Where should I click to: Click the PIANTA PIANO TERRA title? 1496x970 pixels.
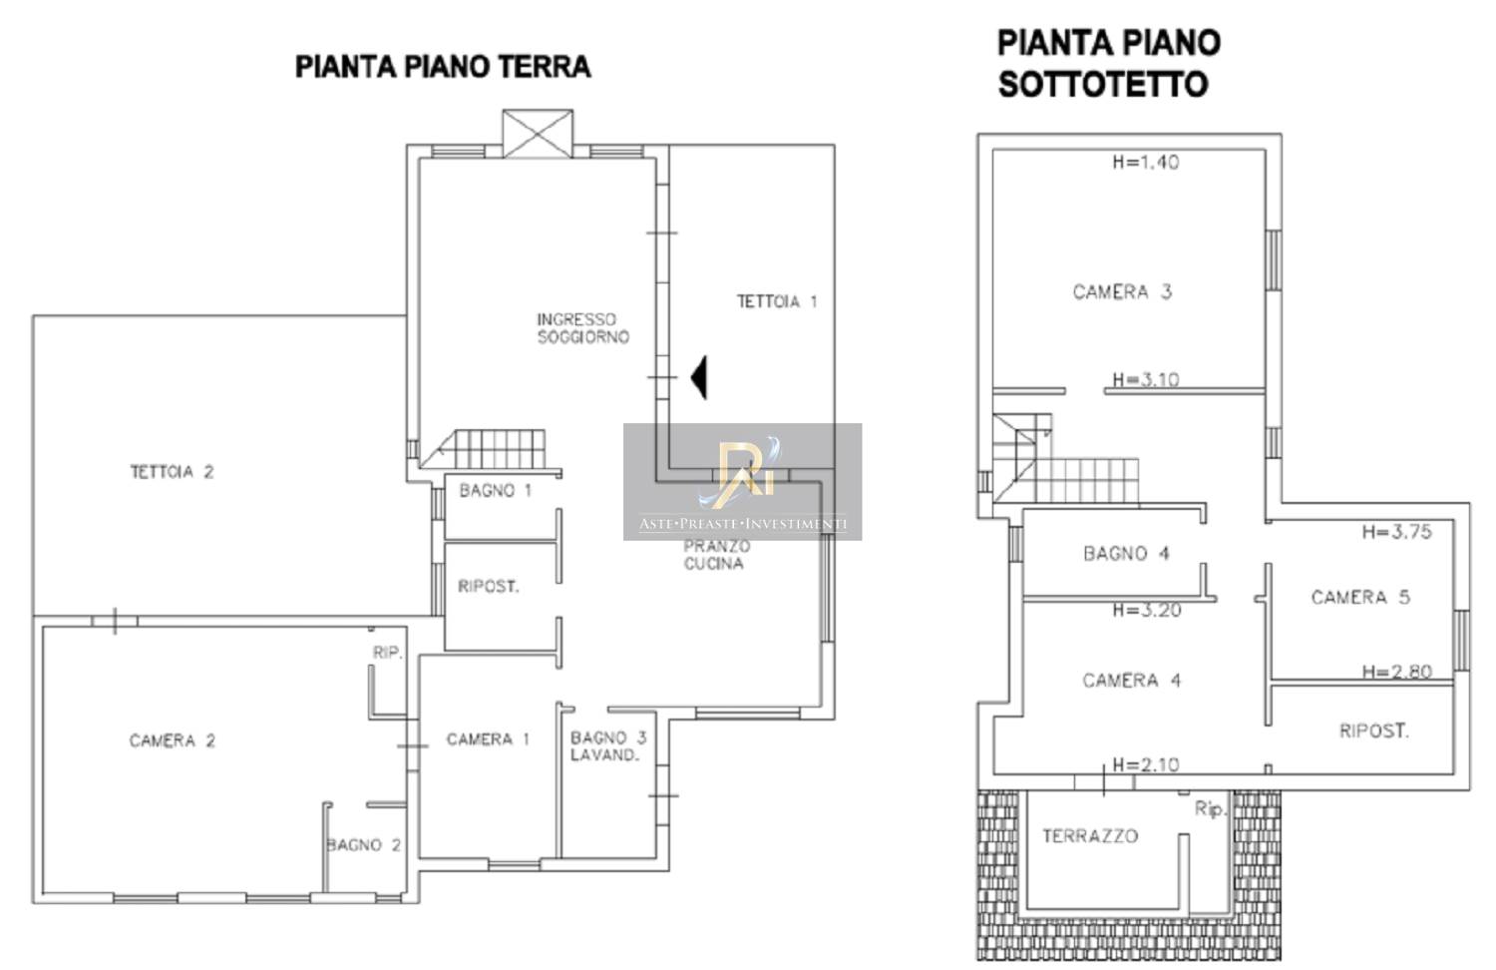[x=443, y=67]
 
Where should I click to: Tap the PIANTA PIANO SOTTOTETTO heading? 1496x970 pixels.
[x=1109, y=64]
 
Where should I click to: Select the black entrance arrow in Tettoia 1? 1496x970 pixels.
[x=698, y=377]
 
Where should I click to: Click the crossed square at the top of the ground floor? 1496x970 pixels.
[x=538, y=134]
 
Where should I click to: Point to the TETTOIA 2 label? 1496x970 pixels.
[x=172, y=472]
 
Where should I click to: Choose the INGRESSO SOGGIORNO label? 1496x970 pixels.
[x=583, y=328]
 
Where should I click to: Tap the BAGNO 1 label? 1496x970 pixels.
[x=496, y=490]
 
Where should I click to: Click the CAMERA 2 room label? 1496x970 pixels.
[x=173, y=740]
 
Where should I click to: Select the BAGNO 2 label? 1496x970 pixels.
[x=363, y=845]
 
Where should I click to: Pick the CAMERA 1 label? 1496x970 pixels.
[x=488, y=738]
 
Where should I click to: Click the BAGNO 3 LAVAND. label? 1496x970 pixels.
[x=607, y=746]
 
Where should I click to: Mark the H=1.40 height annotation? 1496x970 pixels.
[x=1146, y=163]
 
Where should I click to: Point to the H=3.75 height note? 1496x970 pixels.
[x=1397, y=532]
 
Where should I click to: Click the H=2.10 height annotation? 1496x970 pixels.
[x=1146, y=764]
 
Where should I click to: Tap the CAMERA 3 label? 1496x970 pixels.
[x=1122, y=292]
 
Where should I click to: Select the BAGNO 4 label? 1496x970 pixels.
[x=1126, y=553]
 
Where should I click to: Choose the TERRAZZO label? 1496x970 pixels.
[x=1090, y=835]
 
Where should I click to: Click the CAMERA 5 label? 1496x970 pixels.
[x=1360, y=597]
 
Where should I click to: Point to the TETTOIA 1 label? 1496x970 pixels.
[x=777, y=302]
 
